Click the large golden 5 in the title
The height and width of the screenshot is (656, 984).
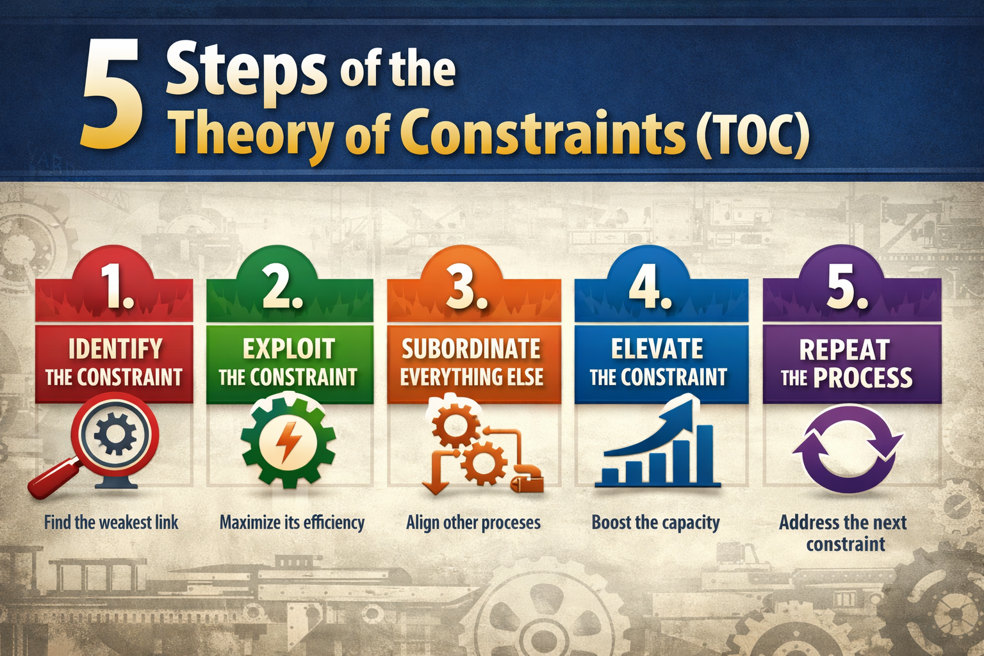pos(113,94)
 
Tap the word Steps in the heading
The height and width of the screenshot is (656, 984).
pos(246,70)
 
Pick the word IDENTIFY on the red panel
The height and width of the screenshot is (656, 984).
pos(115,349)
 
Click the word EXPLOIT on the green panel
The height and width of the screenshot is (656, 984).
pos(289,349)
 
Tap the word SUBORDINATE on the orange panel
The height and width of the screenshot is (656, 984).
pos(471,349)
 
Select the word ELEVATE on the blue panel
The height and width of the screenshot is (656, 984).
pos(657,349)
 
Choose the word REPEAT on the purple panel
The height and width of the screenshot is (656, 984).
pos(844,350)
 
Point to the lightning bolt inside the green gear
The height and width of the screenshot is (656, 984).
pos(288,441)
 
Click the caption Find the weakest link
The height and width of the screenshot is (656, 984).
pos(111,522)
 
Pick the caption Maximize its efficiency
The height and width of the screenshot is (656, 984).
pos(292,523)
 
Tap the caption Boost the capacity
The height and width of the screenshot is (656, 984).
pos(655,523)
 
